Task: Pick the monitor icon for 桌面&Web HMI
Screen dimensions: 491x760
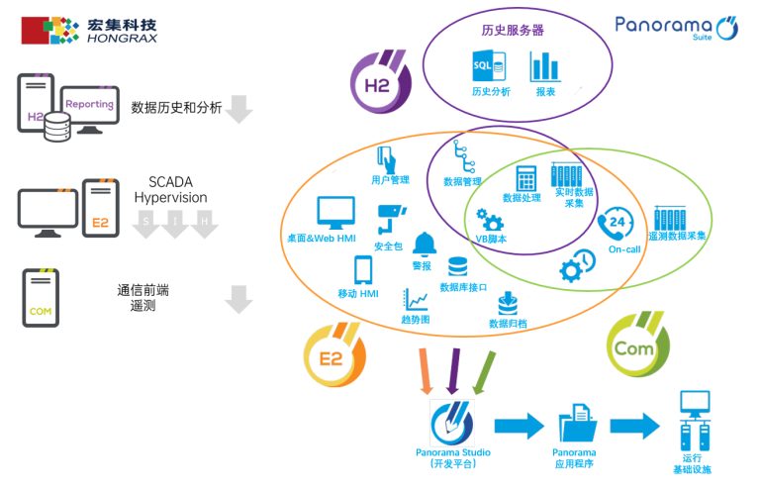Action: [335, 214]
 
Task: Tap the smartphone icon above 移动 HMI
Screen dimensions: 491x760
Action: [362, 270]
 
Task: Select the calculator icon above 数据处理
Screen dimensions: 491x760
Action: [526, 178]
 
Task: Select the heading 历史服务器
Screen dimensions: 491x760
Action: [512, 31]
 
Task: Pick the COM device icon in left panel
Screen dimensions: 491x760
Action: [41, 298]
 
